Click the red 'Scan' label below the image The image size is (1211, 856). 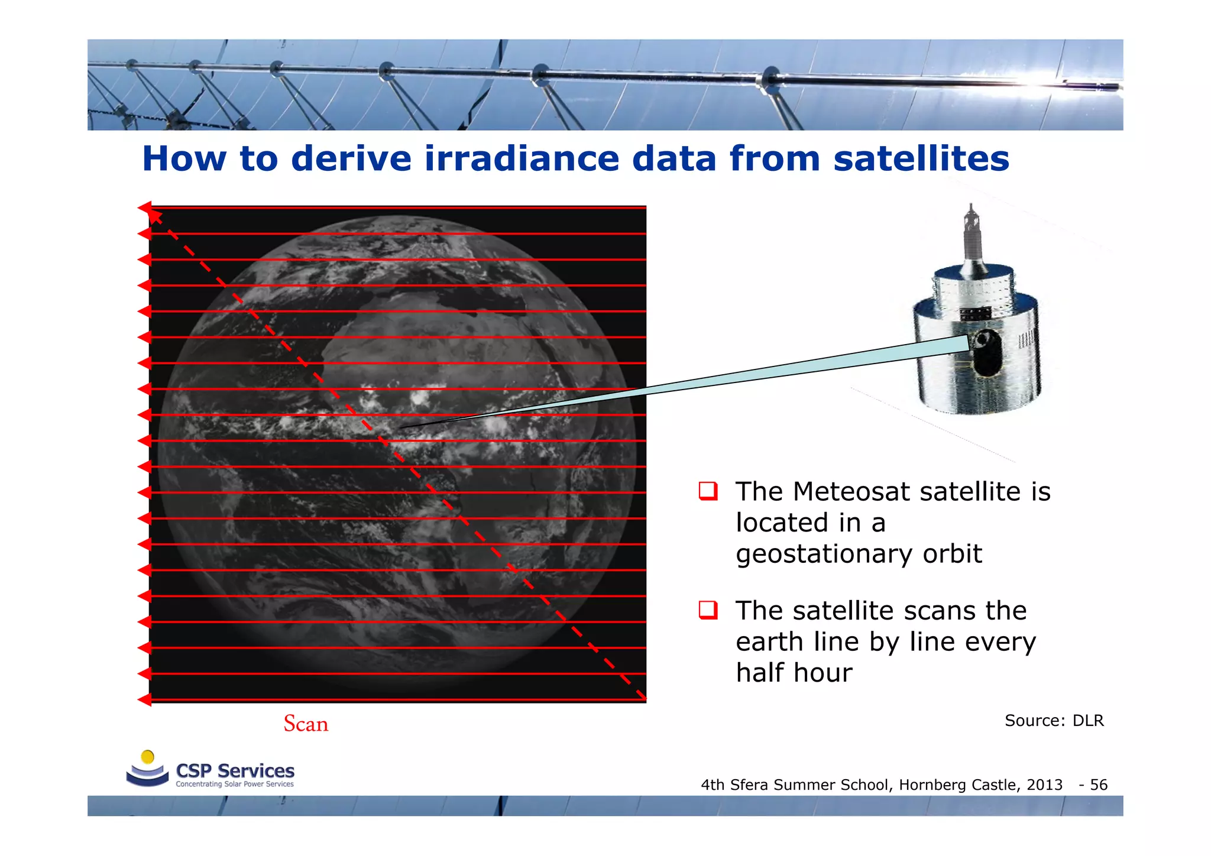click(306, 724)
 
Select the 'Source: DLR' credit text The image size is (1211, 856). click(1054, 721)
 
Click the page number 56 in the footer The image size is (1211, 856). click(1099, 784)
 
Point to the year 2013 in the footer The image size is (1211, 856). click(1044, 784)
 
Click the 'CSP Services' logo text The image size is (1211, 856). click(235, 771)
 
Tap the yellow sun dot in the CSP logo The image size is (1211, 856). click(148, 757)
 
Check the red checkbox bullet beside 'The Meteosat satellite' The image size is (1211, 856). click(708, 491)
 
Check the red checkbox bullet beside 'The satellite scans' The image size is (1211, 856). click(708, 610)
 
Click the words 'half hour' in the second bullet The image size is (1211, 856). click(794, 673)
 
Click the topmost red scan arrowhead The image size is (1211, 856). click(144, 207)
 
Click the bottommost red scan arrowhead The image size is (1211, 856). click(144, 700)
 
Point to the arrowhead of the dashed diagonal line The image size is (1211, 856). click(154, 215)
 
